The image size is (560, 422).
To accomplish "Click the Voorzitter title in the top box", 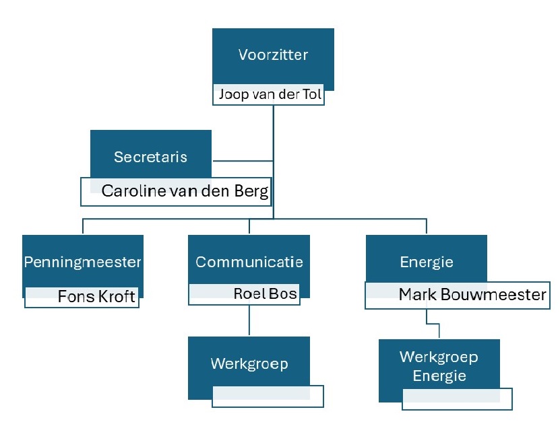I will pos(273,55).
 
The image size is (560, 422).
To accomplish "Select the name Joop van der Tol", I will pos(270,95).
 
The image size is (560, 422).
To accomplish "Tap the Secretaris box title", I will pos(150,157).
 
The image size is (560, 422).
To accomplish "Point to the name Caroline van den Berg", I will pos(185,191).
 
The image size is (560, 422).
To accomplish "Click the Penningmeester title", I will pos(83,262).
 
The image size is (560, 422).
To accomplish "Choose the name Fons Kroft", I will pos(96,296).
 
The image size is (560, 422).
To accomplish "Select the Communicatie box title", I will pos(249,262).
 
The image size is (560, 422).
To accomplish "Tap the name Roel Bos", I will pos(265,293).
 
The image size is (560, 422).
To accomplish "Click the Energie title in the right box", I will pos(426,262).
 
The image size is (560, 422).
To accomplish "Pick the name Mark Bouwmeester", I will pos(472,295).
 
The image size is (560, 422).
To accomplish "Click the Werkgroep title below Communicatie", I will pos(249,364).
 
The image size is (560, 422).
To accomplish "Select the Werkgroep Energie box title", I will pos(439,366).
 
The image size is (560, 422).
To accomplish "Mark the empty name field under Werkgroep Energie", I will pos(456,399).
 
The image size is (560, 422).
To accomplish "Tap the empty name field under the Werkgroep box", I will pos(268,396).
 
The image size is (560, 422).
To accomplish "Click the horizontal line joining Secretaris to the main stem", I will pos(243,161).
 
